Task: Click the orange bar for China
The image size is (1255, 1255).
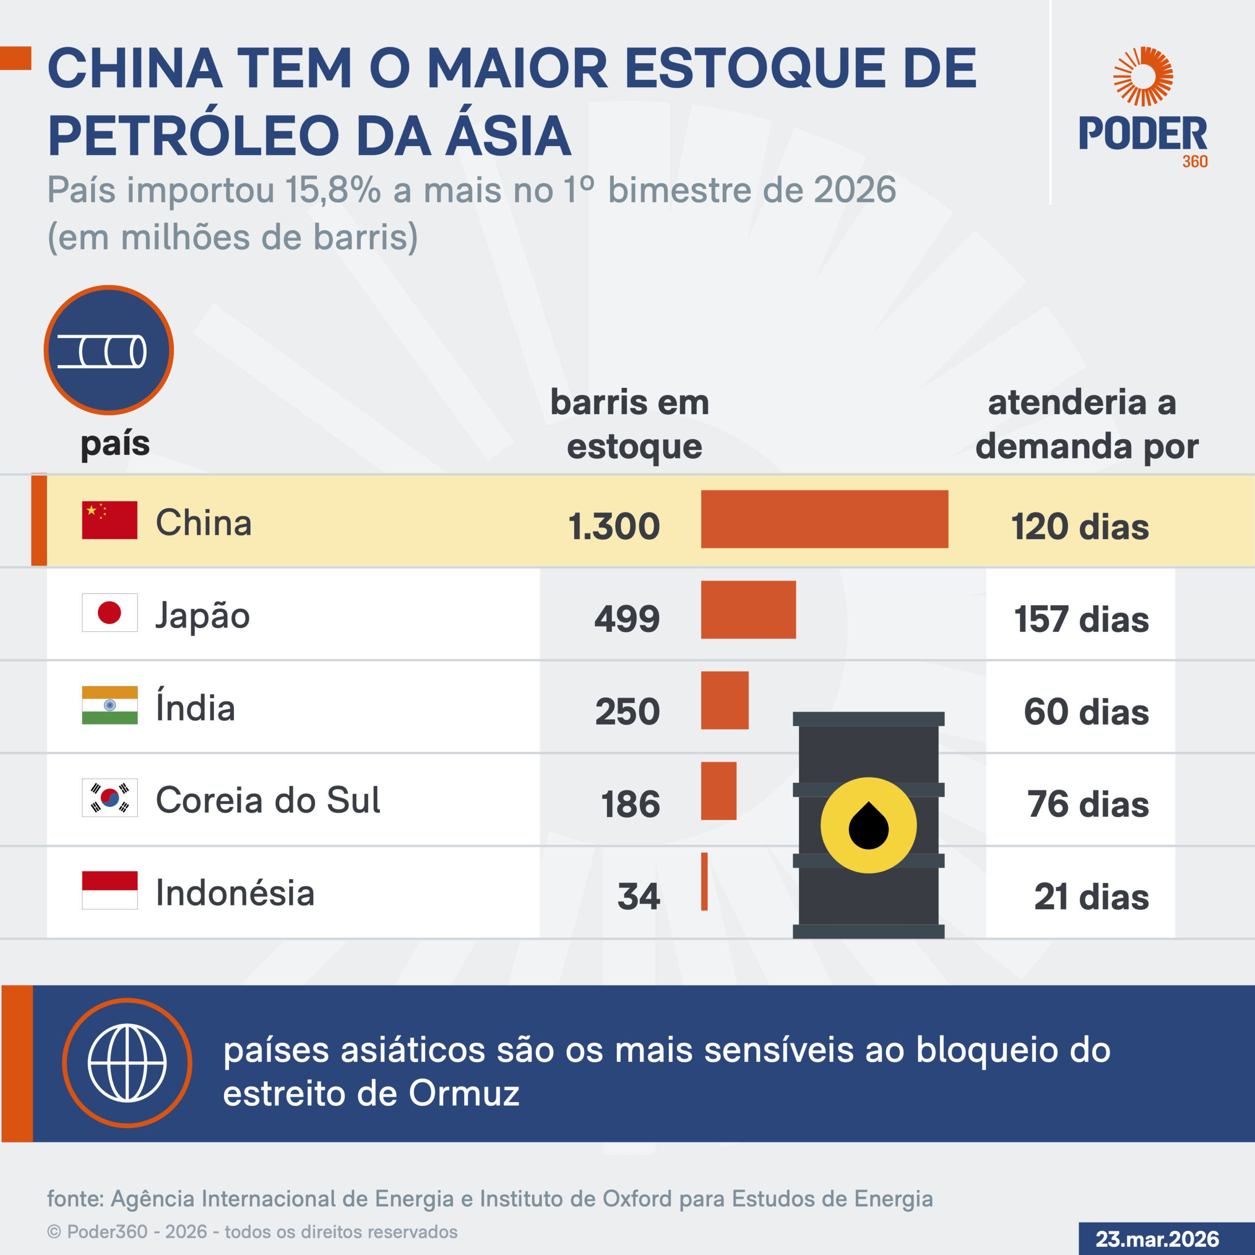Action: coord(824,519)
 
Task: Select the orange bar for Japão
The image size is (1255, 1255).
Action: coord(748,609)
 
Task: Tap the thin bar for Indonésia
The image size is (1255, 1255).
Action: coord(704,881)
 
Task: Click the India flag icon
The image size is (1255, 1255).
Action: coord(110,705)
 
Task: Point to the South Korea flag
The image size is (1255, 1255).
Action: coord(110,798)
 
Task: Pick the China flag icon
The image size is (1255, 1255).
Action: coord(110,520)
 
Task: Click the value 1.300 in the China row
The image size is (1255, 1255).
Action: coord(614,526)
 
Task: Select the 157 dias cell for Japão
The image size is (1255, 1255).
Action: coord(1081,619)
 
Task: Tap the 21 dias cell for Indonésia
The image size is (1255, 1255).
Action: coord(1091,897)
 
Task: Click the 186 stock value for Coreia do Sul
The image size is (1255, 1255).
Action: coord(630,804)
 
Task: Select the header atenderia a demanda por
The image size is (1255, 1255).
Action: coord(1086,424)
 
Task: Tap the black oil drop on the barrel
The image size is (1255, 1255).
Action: coord(869,826)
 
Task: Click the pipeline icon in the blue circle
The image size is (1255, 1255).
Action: coord(102,351)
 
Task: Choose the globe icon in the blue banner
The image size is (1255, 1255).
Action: coord(127,1063)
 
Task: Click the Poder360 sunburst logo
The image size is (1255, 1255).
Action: coord(1143,76)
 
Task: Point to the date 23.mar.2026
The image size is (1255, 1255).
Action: coord(1157,1238)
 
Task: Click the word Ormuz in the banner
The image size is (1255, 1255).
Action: coord(464,1093)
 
